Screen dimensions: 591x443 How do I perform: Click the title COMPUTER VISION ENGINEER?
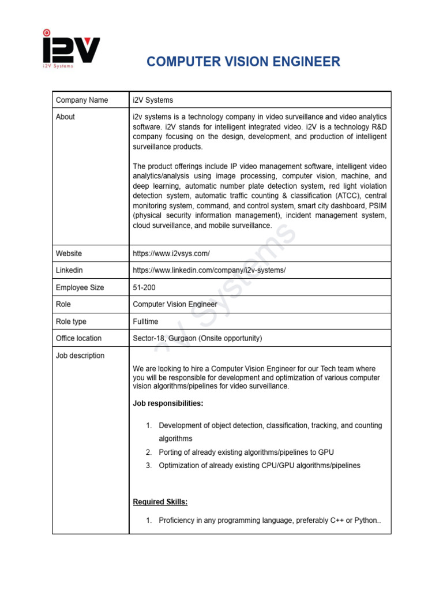point(243,62)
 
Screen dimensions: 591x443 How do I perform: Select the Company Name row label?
point(82,100)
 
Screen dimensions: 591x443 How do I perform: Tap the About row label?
point(65,117)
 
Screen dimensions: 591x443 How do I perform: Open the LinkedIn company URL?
point(209,270)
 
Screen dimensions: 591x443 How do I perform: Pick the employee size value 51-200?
point(144,287)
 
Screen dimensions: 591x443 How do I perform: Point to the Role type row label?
point(71,321)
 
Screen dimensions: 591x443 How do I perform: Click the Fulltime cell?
point(145,321)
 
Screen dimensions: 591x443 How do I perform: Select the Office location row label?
point(78,338)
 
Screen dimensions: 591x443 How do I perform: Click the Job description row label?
point(80,356)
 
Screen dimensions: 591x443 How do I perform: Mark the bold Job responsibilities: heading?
point(168,403)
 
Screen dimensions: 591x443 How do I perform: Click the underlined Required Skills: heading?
point(160,502)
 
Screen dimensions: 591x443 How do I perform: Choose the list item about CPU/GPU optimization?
point(259,465)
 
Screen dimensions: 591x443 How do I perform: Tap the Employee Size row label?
point(80,287)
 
